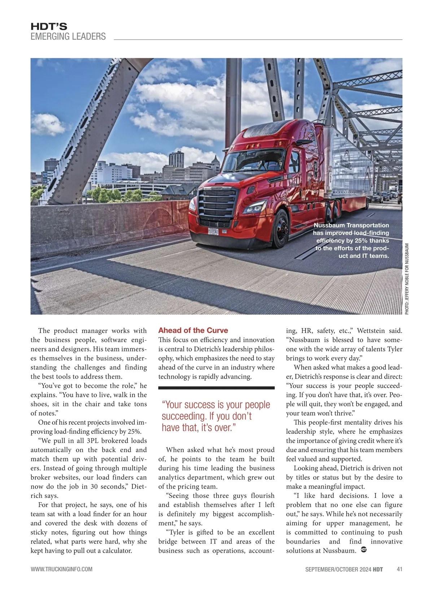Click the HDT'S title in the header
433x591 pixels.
(x=49, y=26)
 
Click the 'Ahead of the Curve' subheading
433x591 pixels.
(x=193, y=330)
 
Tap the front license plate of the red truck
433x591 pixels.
(x=213, y=231)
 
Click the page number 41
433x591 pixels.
(x=399, y=569)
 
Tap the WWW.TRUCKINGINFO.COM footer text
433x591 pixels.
(x=61, y=569)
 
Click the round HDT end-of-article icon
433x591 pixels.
(x=364, y=550)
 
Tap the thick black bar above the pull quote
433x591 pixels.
(x=216, y=388)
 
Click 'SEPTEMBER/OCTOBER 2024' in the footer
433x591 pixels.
(x=338, y=569)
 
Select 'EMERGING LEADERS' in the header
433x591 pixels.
(x=68, y=36)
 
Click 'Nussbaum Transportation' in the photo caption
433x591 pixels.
(x=351, y=225)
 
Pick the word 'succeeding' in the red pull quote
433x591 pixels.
(x=183, y=416)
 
